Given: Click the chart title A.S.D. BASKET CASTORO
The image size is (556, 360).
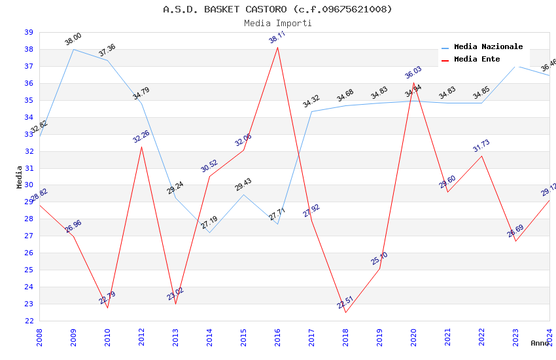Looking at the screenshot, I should (x=277, y=9).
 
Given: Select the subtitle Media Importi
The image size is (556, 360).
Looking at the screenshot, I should (x=277, y=23).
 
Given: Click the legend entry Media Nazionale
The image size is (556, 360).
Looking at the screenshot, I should (x=488, y=47).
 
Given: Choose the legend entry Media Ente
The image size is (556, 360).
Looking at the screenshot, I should (x=477, y=59).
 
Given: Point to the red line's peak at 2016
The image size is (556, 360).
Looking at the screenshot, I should (x=277, y=47).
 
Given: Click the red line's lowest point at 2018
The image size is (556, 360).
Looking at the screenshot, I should (x=345, y=312).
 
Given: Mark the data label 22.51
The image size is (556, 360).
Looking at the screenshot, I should (x=345, y=302).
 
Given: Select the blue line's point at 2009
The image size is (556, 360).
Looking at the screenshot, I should (x=73, y=49).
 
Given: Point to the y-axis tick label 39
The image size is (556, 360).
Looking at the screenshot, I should (x=29, y=32).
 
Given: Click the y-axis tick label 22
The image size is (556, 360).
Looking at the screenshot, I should (x=29, y=321).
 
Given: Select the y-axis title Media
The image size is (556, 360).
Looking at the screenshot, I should (x=19, y=177).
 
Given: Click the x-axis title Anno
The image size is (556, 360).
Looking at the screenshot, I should (x=540, y=343).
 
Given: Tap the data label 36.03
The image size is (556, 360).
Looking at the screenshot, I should (x=413, y=72).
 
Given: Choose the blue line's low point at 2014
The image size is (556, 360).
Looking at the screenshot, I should (x=209, y=233).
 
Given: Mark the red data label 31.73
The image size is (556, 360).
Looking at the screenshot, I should (x=481, y=146).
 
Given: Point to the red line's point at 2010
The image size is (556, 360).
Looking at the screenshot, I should (x=107, y=308).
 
